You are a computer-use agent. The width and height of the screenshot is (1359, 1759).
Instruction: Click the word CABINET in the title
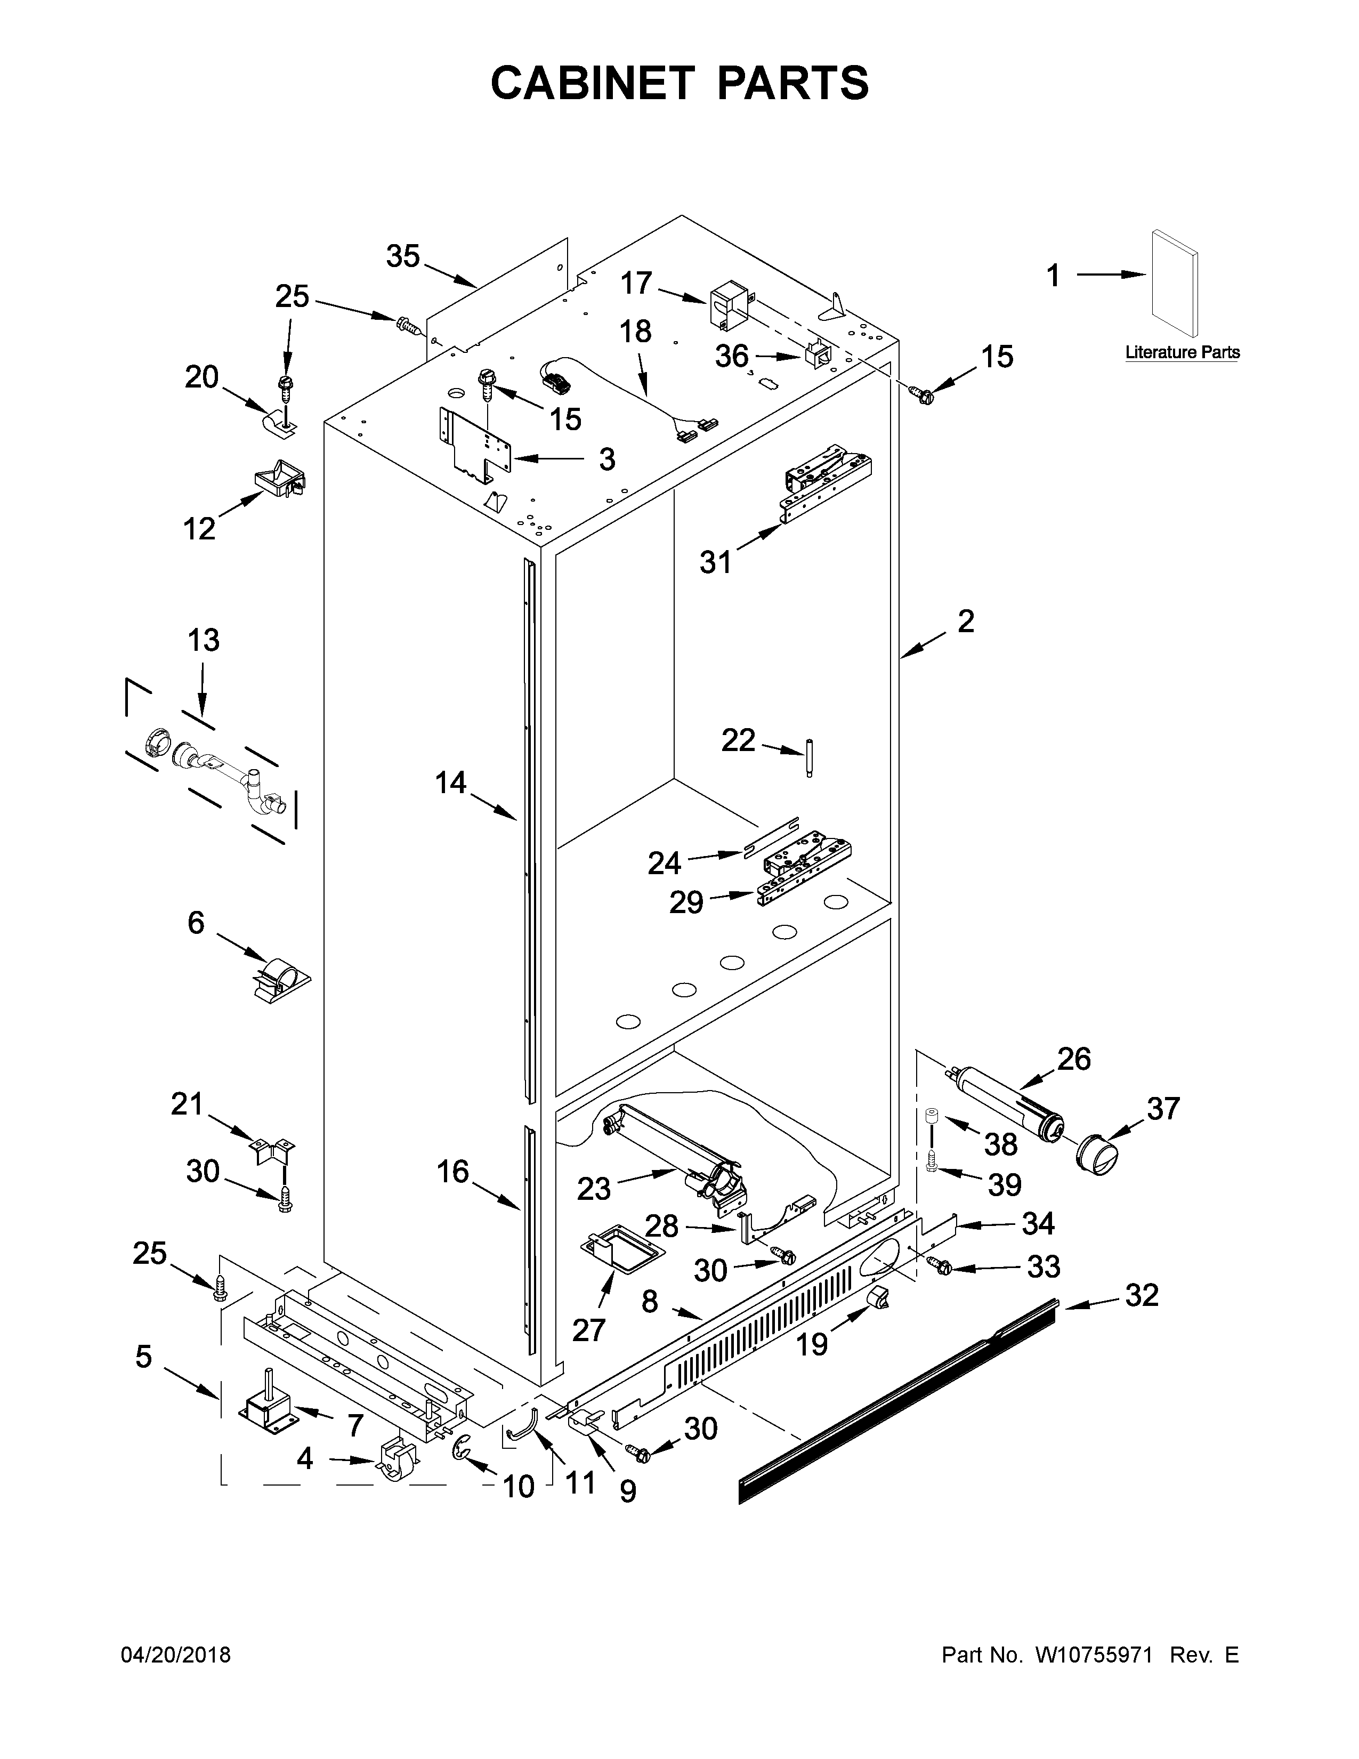point(592,83)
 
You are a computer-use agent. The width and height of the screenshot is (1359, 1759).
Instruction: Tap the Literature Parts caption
point(1182,352)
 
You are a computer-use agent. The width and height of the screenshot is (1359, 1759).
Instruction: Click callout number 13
point(204,640)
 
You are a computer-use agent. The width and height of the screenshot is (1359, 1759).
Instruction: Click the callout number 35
point(403,256)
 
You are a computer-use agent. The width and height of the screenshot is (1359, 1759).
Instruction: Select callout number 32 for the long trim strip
point(1142,1295)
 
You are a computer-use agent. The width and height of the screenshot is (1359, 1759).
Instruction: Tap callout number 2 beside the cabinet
point(965,621)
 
